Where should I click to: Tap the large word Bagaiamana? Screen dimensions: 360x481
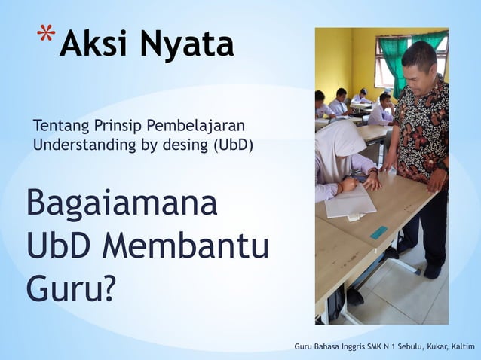121,206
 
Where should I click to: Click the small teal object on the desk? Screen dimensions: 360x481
378,233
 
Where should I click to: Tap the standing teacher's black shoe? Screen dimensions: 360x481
433,270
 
